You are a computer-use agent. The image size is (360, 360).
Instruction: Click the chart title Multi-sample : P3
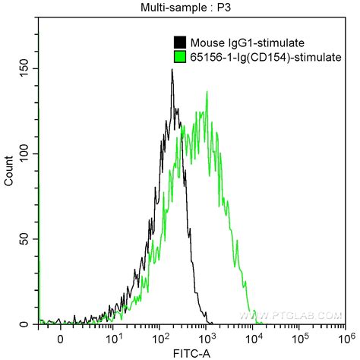[x=185, y=8]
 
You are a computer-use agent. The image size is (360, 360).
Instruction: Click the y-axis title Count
[x=9, y=171]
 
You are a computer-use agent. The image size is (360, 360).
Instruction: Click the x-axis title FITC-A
[x=192, y=354]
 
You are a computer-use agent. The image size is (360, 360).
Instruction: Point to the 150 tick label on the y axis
[x=24, y=68]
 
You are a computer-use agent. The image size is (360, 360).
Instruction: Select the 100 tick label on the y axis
[x=24, y=153]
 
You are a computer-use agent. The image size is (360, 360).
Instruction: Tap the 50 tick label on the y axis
[x=24, y=239]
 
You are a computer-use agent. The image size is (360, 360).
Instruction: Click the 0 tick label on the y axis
[x=24, y=324]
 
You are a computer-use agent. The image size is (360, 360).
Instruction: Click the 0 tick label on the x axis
[x=60, y=339]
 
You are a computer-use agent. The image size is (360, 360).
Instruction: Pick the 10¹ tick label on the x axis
[x=112, y=338]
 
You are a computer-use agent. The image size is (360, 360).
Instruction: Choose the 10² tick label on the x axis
[x=159, y=338]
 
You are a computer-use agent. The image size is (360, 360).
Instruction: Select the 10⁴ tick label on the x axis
[x=253, y=338]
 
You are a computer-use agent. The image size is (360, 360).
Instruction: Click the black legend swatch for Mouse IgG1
[x=180, y=43]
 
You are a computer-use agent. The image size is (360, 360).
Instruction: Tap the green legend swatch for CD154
[x=180, y=57]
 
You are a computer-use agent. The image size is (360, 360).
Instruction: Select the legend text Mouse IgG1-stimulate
[x=248, y=43]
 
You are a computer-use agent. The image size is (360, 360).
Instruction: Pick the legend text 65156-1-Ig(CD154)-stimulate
[x=266, y=57]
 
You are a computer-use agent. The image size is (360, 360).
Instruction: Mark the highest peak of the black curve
[x=172, y=69]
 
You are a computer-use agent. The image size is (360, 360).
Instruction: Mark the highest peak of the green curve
[x=207, y=91]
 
